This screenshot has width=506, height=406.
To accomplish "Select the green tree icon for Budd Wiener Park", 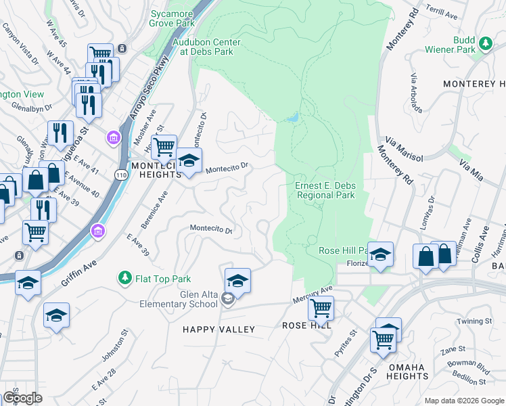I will point(485,44).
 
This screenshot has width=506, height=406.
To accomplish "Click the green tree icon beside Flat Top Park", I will point(124,278).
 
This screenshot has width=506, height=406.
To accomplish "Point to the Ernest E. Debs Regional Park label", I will point(325,190).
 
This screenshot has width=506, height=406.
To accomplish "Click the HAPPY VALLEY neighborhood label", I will point(219,330).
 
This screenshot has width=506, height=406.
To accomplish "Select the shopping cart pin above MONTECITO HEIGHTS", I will point(164,146).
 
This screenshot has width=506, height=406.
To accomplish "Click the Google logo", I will point(22,398).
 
